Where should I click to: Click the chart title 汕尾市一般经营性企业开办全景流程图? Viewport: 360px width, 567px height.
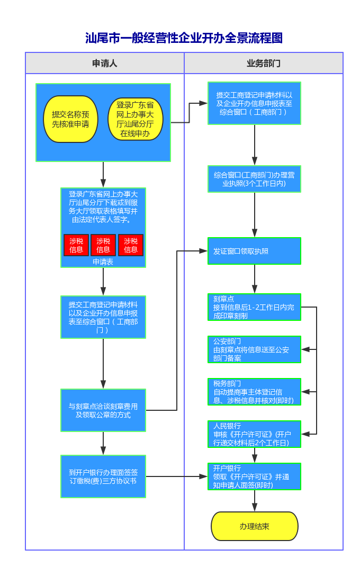tap(184, 38)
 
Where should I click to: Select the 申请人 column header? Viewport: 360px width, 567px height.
tap(105, 64)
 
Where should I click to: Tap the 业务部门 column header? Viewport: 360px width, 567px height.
tap(264, 64)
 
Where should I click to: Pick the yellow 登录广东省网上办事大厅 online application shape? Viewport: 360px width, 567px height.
tap(135, 119)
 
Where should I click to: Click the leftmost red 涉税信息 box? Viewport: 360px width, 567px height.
tap(76, 245)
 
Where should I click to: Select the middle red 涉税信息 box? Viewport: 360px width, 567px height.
tap(103, 245)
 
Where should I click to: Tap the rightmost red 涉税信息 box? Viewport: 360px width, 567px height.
tap(131, 245)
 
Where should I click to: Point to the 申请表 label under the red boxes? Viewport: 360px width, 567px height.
tap(103, 262)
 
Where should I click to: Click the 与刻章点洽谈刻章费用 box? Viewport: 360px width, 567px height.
tap(103, 411)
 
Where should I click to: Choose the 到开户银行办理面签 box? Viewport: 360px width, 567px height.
tap(103, 476)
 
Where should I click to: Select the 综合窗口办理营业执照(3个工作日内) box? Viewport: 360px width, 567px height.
tap(254, 179)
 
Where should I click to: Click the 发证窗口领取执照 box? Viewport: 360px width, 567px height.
tap(254, 251)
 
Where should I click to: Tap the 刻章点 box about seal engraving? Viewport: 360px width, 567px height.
tap(254, 307)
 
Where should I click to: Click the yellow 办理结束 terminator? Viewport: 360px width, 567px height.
tap(254, 526)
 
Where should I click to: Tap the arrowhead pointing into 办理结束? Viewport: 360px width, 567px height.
tap(255, 508)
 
